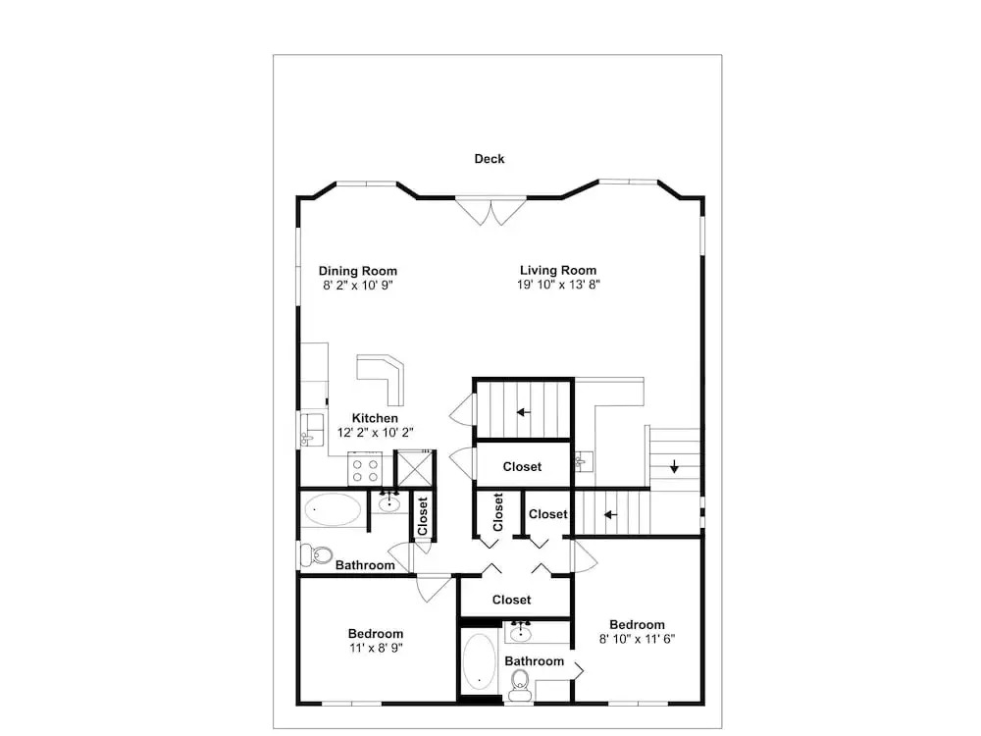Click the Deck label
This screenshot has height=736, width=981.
490,159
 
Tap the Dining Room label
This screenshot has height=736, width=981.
358,271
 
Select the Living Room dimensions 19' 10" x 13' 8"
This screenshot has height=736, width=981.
559,285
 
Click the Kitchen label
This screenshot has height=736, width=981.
375,418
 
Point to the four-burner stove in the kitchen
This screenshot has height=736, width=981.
365,469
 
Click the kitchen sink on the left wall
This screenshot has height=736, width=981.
312,430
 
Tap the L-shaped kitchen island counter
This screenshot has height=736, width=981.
384,378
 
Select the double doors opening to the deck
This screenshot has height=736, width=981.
491,212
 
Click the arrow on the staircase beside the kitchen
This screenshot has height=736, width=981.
524,412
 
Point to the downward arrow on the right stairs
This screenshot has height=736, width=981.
675,466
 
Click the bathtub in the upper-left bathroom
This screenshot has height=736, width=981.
333,510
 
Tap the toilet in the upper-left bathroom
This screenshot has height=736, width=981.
317,554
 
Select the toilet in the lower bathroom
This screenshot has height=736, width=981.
520,685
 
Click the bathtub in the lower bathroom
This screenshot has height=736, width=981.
480,662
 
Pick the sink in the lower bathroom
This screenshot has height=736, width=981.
521,633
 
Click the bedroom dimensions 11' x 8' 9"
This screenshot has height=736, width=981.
376,649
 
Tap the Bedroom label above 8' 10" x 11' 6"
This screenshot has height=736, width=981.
637,624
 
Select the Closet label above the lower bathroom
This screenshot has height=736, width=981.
512,600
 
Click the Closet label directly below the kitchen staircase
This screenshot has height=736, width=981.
523,467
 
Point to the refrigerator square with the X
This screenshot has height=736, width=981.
414,468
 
